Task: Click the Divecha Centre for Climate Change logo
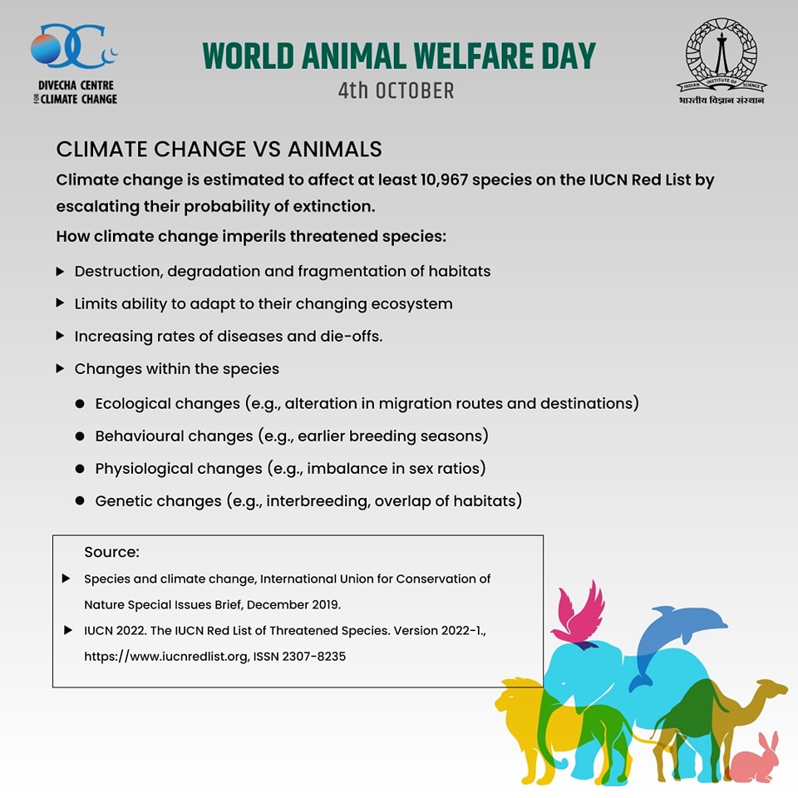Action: (74, 64)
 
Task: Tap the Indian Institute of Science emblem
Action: (722, 61)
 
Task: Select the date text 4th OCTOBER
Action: (396, 91)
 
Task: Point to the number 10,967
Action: (444, 180)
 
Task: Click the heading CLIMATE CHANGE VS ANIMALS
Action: (219, 149)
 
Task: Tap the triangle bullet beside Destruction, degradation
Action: (60, 271)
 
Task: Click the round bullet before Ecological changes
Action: (80, 404)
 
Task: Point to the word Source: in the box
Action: (111, 552)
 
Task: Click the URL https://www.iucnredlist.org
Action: (166, 657)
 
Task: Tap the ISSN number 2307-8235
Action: (313, 657)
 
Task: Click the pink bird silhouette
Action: (579, 615)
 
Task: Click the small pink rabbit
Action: (756, 758)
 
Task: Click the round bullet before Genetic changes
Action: (80, 500)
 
